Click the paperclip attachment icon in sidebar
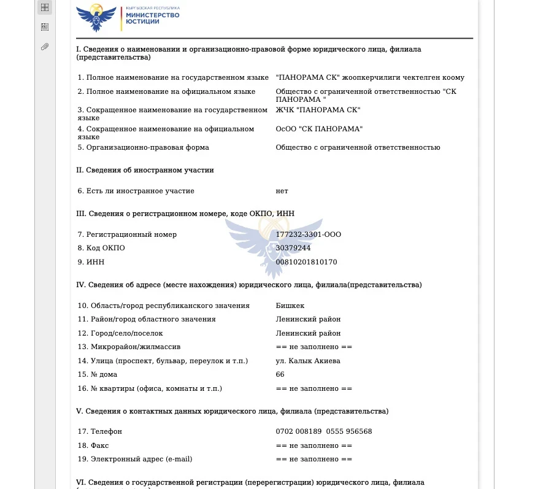pos(45,47)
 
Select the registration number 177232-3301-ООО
pos(308,234)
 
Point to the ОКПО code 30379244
pos(293,248)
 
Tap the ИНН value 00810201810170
pos(306,262)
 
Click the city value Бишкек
pos(290,306)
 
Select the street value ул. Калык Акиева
pos(308,361)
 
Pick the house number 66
pos(280,374)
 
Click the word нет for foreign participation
pos(282,191)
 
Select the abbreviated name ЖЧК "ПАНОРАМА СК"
pos(318,110)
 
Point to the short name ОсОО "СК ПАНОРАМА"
pos(319,129)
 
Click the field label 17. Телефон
pos(100,431)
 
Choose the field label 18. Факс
pos(93,445)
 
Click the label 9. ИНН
pos(91,262)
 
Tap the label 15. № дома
pos(98,374)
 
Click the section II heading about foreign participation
pos(145,170)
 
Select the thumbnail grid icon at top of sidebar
pos(45,7)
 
